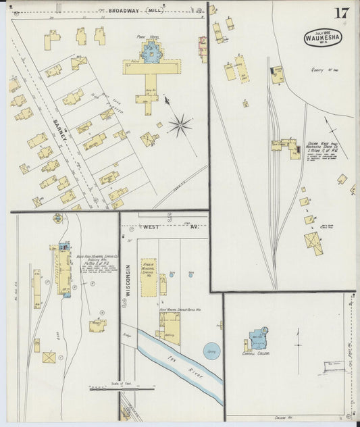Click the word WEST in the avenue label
tap(150, 228)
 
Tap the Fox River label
tap(180, 366)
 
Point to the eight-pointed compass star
tap(180, 124)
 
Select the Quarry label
tap(317, 69)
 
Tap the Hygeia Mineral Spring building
tap(149, 274)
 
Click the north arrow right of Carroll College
tap(297, 341)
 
